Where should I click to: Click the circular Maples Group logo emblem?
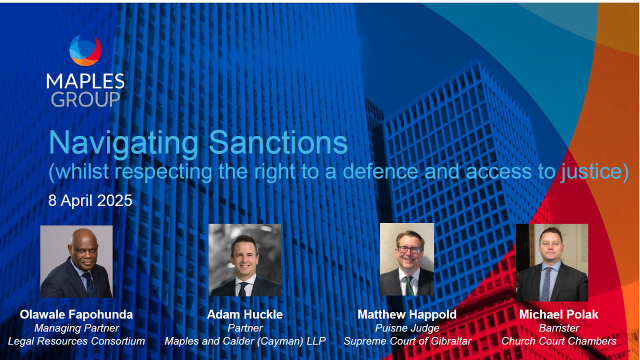point(85,50)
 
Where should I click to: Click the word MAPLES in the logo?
point(85,81)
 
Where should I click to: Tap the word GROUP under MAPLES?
point(85,99)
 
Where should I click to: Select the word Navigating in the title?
point(123,143)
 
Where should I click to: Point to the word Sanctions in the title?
point(278,142)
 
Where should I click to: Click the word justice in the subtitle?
point(591,172)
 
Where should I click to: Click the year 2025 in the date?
point(114,200)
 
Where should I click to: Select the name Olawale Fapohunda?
point(76,314)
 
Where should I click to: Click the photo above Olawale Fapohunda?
point(76,261)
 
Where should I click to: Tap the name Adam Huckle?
point(245,314)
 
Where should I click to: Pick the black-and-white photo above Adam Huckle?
point(245,260)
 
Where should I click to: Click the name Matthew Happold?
point(407,314)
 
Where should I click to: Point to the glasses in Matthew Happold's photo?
point(409,250)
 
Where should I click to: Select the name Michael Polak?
point(558,314)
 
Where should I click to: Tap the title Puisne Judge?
point(407,328)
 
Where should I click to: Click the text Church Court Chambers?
point(558,341)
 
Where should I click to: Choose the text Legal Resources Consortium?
point(76,341)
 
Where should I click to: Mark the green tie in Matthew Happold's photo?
point(409,285)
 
